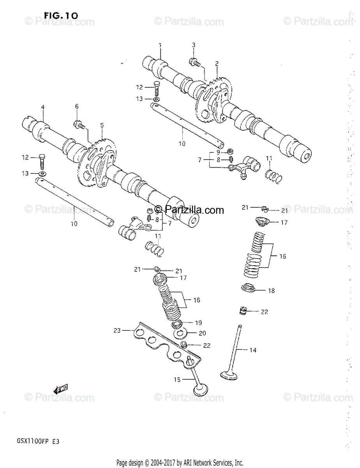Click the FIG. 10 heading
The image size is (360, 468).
tap(61, 15)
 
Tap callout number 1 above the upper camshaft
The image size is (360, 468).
tap(160, 46)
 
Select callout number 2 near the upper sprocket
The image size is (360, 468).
tap(217, 63)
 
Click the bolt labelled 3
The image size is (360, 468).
tap(194, 61)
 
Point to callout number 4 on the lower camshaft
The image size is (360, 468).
tap(43, 107)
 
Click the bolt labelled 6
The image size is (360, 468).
tap(78, 124)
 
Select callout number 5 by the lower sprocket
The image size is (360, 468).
tap(102, 125)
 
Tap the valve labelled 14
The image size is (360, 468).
tap(233, 351)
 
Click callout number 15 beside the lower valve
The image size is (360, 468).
tap(177, 379)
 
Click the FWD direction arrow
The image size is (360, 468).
tap(61, 388)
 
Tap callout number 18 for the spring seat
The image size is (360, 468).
tap(271, 291)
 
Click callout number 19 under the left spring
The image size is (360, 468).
tap(198, 323)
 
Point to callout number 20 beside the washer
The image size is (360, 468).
tap(202, 333)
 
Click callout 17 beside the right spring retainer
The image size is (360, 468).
tap(284, 222)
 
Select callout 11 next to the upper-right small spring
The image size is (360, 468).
tap(269, 158)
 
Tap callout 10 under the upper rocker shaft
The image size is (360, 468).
tap(182, 144)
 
